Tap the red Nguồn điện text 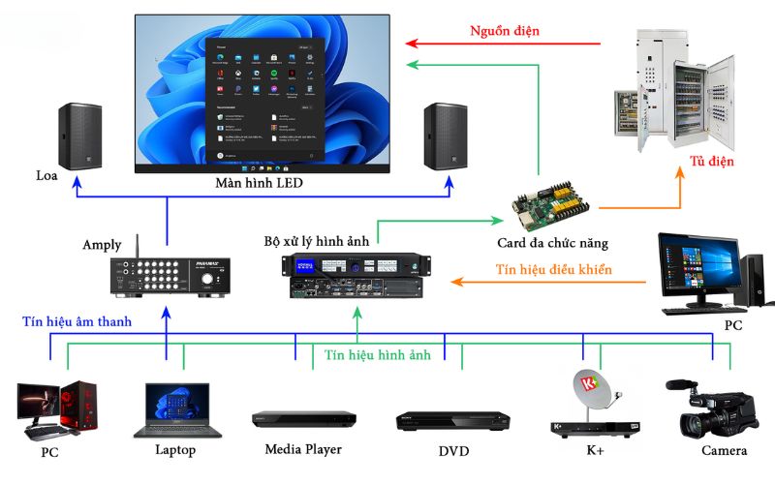click(505, 31)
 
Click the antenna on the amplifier click(136, 248)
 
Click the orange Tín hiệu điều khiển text click(554, 269)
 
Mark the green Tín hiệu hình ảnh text click(376, 355)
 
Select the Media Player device click(304, 419)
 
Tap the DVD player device click(452, 420)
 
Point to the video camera click(712, 409)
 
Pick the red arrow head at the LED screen click(411, 43)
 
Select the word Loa click(47, 175)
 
